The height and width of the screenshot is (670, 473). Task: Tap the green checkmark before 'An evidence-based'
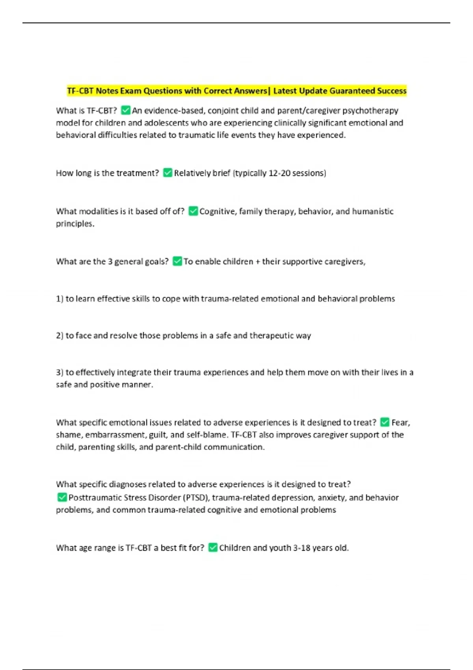point(126,110)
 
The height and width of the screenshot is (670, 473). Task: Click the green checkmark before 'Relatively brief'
point(168,173)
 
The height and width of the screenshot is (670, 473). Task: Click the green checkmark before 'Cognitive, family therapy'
point(193,211)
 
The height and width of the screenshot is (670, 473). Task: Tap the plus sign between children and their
point(257,262)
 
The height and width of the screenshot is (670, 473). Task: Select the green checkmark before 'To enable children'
point(177,261)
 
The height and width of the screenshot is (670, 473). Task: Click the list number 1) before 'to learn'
point(60,299)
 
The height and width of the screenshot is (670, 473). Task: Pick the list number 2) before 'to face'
point(60,335)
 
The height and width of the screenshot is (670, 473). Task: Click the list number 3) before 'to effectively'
point(60,372)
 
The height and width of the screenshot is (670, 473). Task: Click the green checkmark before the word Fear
point(385,422)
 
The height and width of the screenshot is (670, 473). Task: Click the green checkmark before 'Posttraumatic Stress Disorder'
point(62,497)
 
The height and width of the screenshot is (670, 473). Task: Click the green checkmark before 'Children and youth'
point(213,547)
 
